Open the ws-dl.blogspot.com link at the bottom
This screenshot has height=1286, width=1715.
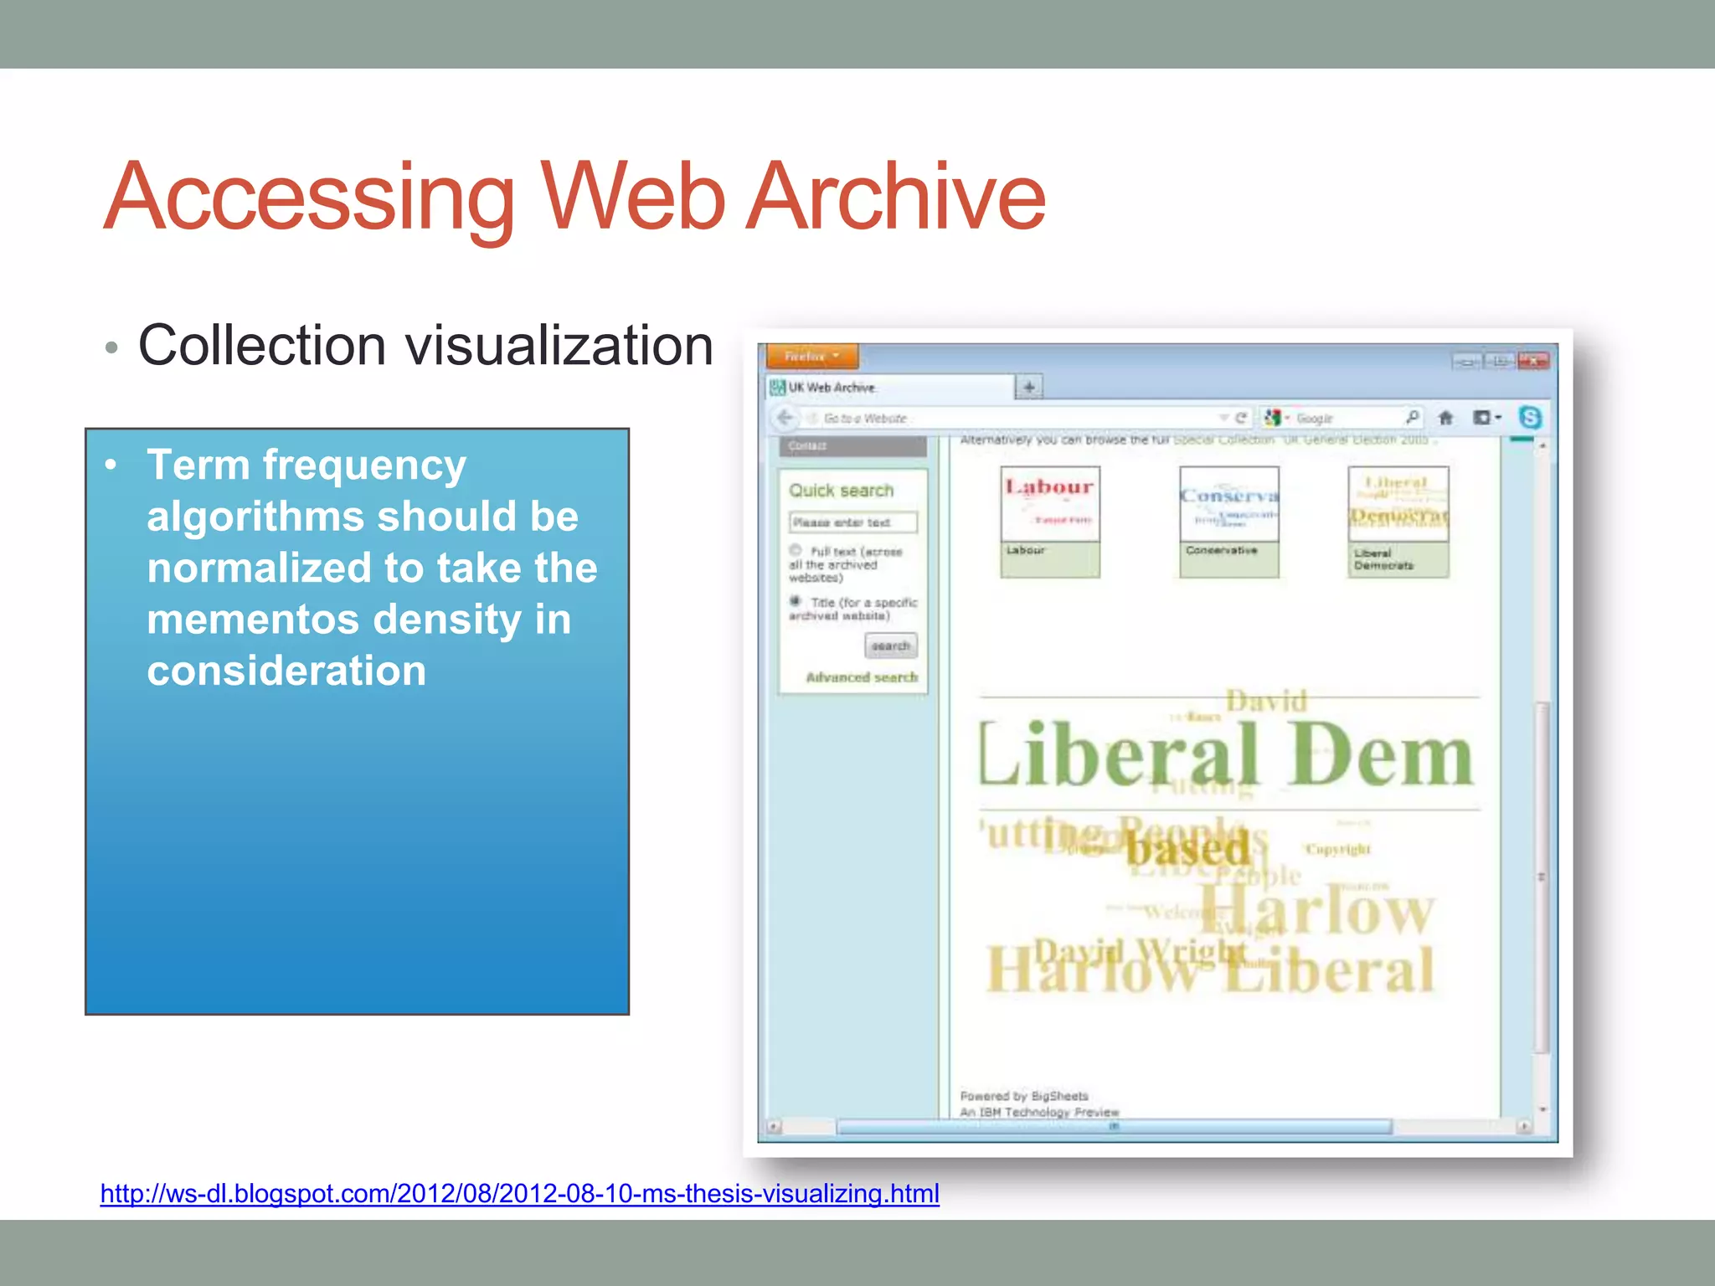click(519, 1192)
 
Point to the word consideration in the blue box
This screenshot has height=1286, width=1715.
click(286, 671)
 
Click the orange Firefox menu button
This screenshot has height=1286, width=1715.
click(811, 356)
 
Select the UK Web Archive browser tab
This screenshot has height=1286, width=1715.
click(888, 387)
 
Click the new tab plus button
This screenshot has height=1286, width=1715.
click(1028, 387)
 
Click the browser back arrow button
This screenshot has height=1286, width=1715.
click(785, 418)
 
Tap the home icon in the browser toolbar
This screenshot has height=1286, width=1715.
click(1445, 418)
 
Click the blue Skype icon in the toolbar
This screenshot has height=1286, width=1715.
click(1529, 417)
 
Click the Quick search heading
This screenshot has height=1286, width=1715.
click(841, 491)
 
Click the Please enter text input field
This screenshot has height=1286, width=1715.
click(852, 522)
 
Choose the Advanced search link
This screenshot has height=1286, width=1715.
click(861, 676)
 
